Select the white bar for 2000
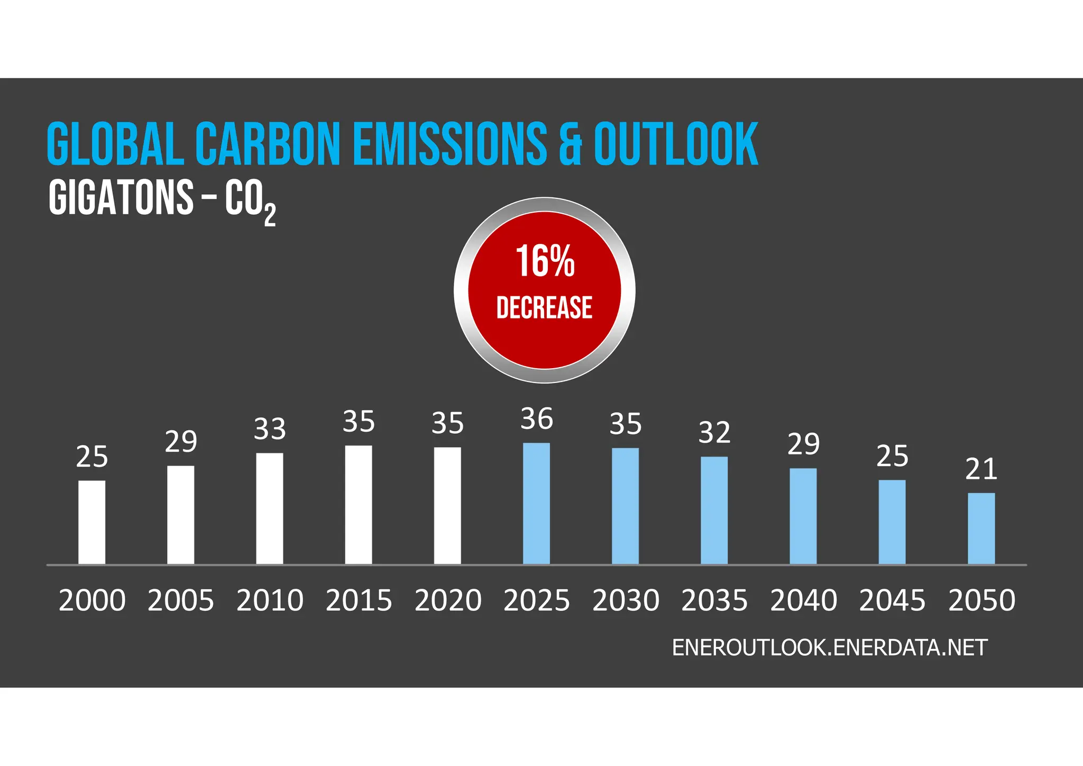91,522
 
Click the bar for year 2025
536,504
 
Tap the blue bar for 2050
981,528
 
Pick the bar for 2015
359,505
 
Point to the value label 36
536,419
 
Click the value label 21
981,469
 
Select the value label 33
270,429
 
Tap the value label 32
714,433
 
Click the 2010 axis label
270,600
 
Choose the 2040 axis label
803,600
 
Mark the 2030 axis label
626,600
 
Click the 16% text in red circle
545,261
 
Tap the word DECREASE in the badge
544,308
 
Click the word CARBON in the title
267,144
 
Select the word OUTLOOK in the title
676,144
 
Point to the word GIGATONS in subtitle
121,197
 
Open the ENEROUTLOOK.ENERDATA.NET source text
829,648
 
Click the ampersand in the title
570,144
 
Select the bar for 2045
892,522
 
